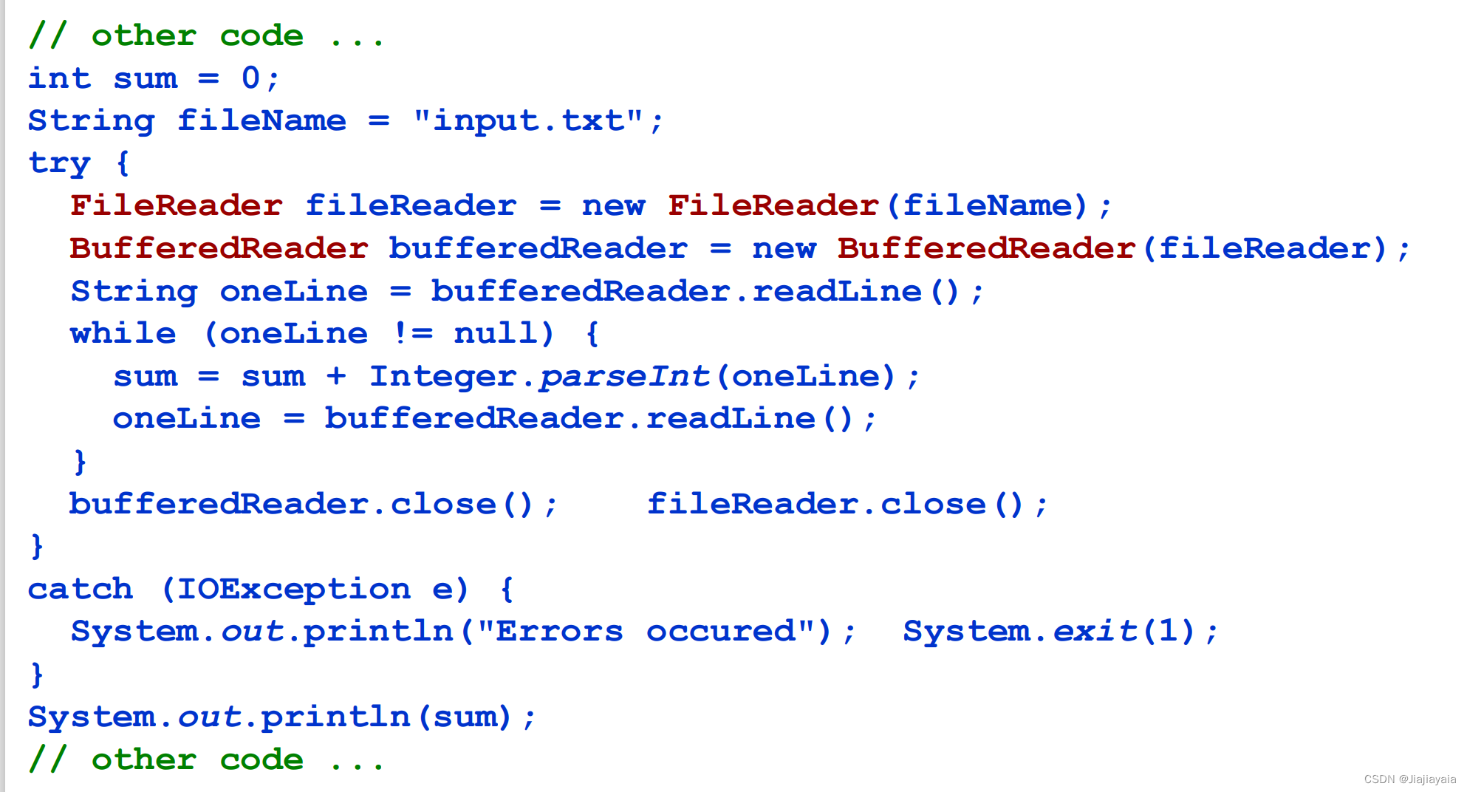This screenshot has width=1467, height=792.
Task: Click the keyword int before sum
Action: (59, 78)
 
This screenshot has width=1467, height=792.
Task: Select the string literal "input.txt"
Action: (527, 120)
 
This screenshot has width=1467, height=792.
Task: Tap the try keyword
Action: (59, 163)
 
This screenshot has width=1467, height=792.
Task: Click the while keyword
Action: (123, 333)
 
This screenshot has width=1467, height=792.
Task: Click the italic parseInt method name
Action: (624, 376)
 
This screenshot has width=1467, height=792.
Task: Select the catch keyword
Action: (80, 589)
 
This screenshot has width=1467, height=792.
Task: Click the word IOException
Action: (293, 589)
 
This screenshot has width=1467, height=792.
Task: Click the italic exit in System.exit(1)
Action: (1095, 632)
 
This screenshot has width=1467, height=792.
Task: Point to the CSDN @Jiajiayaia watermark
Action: (1409, 779)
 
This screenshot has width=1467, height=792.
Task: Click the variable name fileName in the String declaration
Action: (261, 120)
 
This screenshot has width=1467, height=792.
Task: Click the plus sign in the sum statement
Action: (336, 376)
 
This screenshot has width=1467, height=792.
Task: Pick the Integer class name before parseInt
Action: (442, 376)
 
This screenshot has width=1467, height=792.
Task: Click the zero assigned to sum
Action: (251, 78)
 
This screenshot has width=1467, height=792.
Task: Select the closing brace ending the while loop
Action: (80, 462)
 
